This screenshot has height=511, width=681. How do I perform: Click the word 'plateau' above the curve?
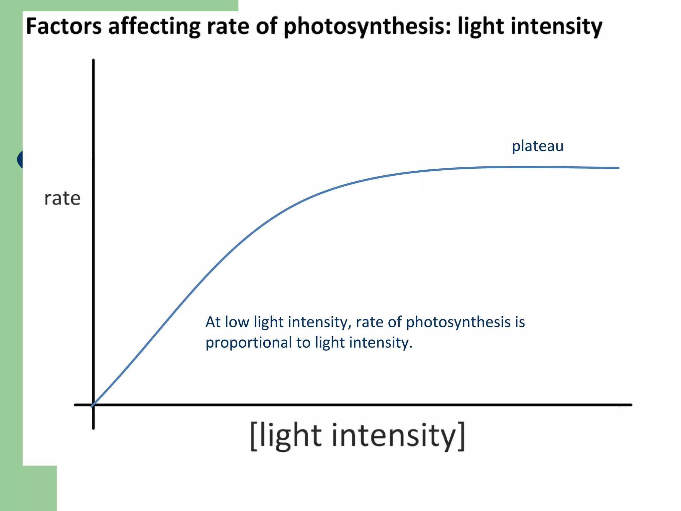tap(537, 146)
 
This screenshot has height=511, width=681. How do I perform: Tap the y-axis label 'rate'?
tap(62, 199)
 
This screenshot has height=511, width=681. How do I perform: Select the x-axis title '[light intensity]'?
tap(357, 436)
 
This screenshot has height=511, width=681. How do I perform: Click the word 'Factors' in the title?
tap(64, 26)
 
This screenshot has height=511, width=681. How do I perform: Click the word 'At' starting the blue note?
tap(213, 322)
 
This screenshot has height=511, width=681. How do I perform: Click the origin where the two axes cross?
tap(93, 405)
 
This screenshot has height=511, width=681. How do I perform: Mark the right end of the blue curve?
tap(618, 168)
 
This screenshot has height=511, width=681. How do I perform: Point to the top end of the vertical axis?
tap(93, 61)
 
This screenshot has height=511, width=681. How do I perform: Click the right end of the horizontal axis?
tap(630, 405)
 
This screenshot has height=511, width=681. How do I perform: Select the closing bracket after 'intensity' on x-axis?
tap(461, 436)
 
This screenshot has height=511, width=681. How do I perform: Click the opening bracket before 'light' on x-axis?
tap(254, 436)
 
